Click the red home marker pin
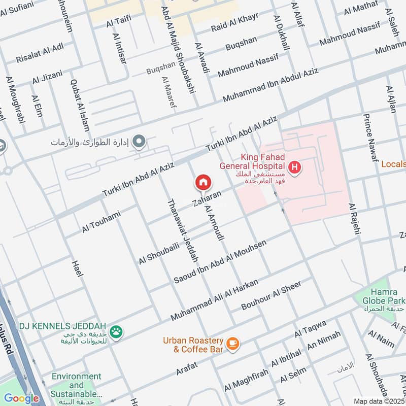coord(204,182)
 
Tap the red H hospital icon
coord(294,166)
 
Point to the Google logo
coord(21,398)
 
